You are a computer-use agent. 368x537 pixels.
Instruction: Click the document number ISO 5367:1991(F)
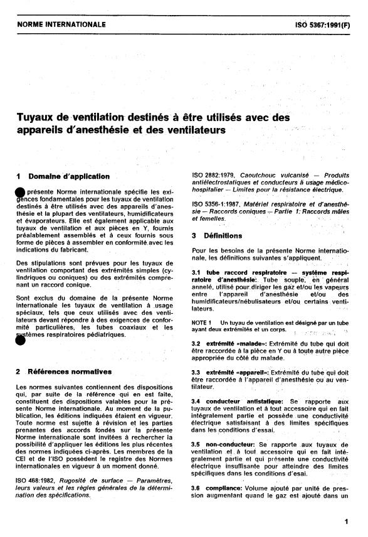322,25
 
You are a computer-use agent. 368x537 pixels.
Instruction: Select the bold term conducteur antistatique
241,400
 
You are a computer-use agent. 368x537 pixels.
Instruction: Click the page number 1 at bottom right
346,520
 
